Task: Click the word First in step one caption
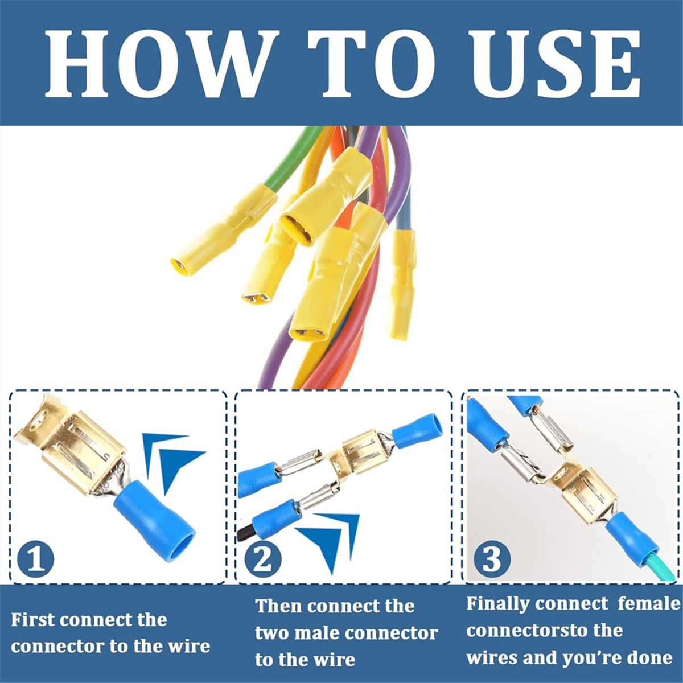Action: point(34,620)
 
